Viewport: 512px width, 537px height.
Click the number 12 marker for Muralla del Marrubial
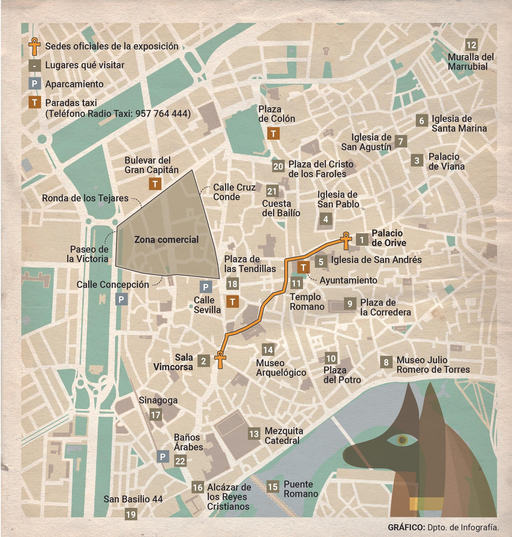(x=471, y=45)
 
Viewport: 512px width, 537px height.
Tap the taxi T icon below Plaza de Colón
(x=273, y=134)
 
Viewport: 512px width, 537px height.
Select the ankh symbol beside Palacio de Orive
(x=346, y=240)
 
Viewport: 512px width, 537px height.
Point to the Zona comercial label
(x=166, y=240)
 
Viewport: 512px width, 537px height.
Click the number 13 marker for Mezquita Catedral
(x=254, y=434)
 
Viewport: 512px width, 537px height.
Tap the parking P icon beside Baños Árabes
(x=163, y=456)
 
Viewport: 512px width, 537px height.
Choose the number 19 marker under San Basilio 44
(x=131, y=515)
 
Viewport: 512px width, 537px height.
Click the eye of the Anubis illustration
(x=402, y=440)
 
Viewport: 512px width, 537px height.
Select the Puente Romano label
(x=300, y=489)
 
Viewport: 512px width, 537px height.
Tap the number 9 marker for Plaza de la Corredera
(x=350, y=304)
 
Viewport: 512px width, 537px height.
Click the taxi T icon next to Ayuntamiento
(x=303, y=267)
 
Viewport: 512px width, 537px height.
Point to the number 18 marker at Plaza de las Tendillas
(x=232, y=284)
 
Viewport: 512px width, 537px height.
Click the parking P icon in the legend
(x=34, y=84)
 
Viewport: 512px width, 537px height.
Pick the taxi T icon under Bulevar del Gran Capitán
(x=155, y=184)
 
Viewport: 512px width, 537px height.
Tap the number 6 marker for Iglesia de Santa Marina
(x=422, y=121)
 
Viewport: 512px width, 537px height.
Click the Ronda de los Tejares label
(x=85, y=198)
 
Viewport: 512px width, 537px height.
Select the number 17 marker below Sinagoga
(x=156, y=415)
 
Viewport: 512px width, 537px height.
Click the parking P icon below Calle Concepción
(x=121, y=300)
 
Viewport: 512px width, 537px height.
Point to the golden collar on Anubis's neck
(x=426, y=503)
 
